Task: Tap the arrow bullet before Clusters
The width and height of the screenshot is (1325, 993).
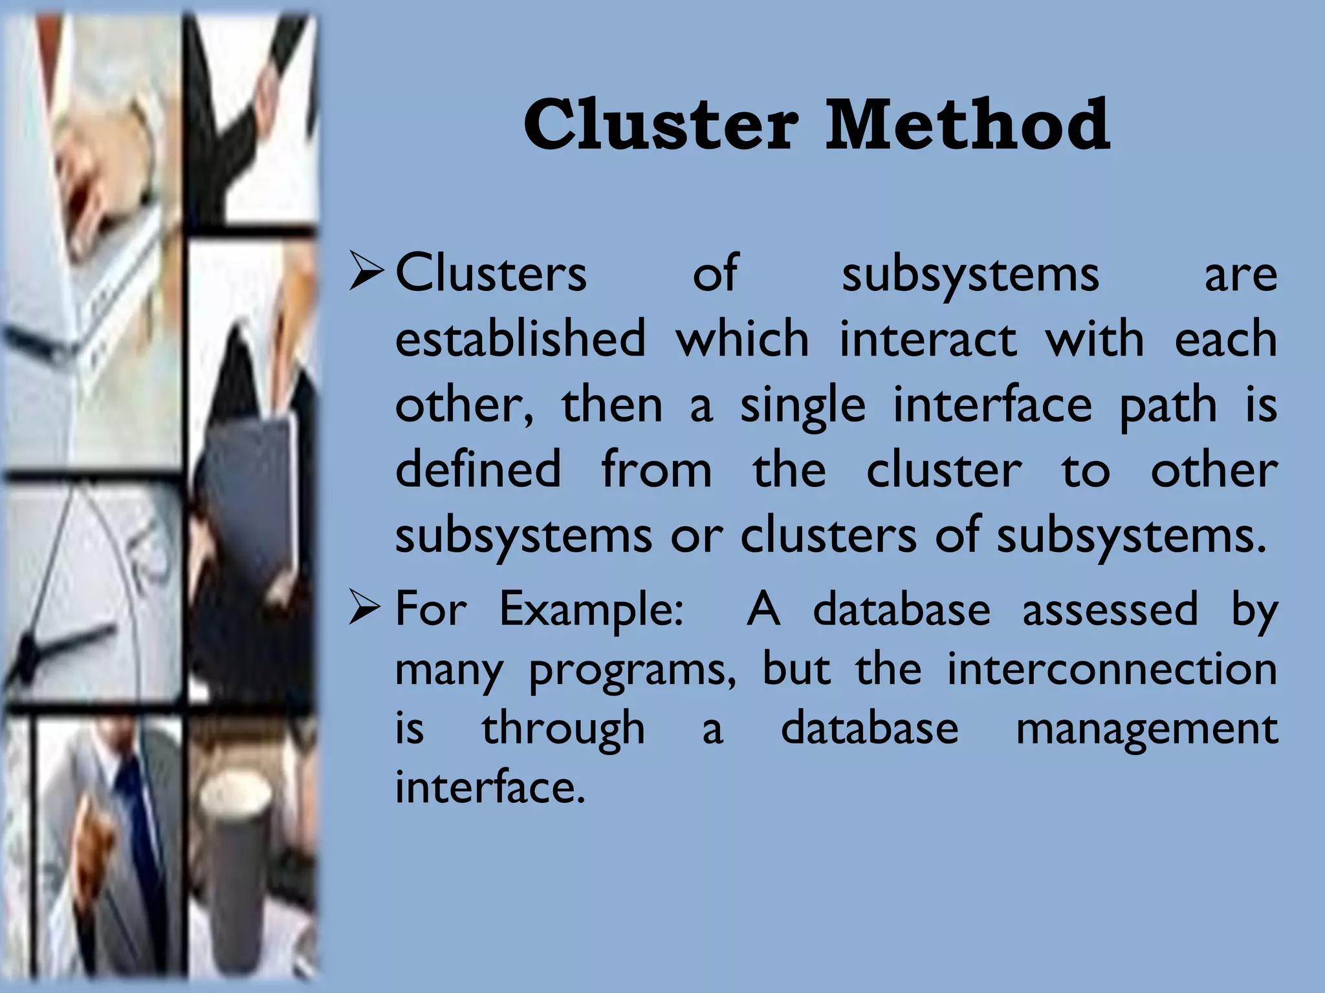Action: tap(367, 272)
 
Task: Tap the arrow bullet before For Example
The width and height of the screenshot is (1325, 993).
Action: tap(367, 608)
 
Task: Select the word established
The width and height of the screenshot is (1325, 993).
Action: tap(520, 338)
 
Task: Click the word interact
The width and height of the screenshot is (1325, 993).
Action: tap(928, 338)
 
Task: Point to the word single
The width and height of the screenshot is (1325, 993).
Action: tap(802, 406)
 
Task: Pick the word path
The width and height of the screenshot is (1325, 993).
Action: tap(1168, 406)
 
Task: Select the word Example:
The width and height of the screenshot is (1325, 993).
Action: tap(591, 610)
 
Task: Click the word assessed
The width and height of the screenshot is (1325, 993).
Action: tap(1110, 608)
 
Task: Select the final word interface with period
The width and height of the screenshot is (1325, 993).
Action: tap(490, 787)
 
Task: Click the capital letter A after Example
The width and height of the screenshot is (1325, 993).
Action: tap(763, 608)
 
